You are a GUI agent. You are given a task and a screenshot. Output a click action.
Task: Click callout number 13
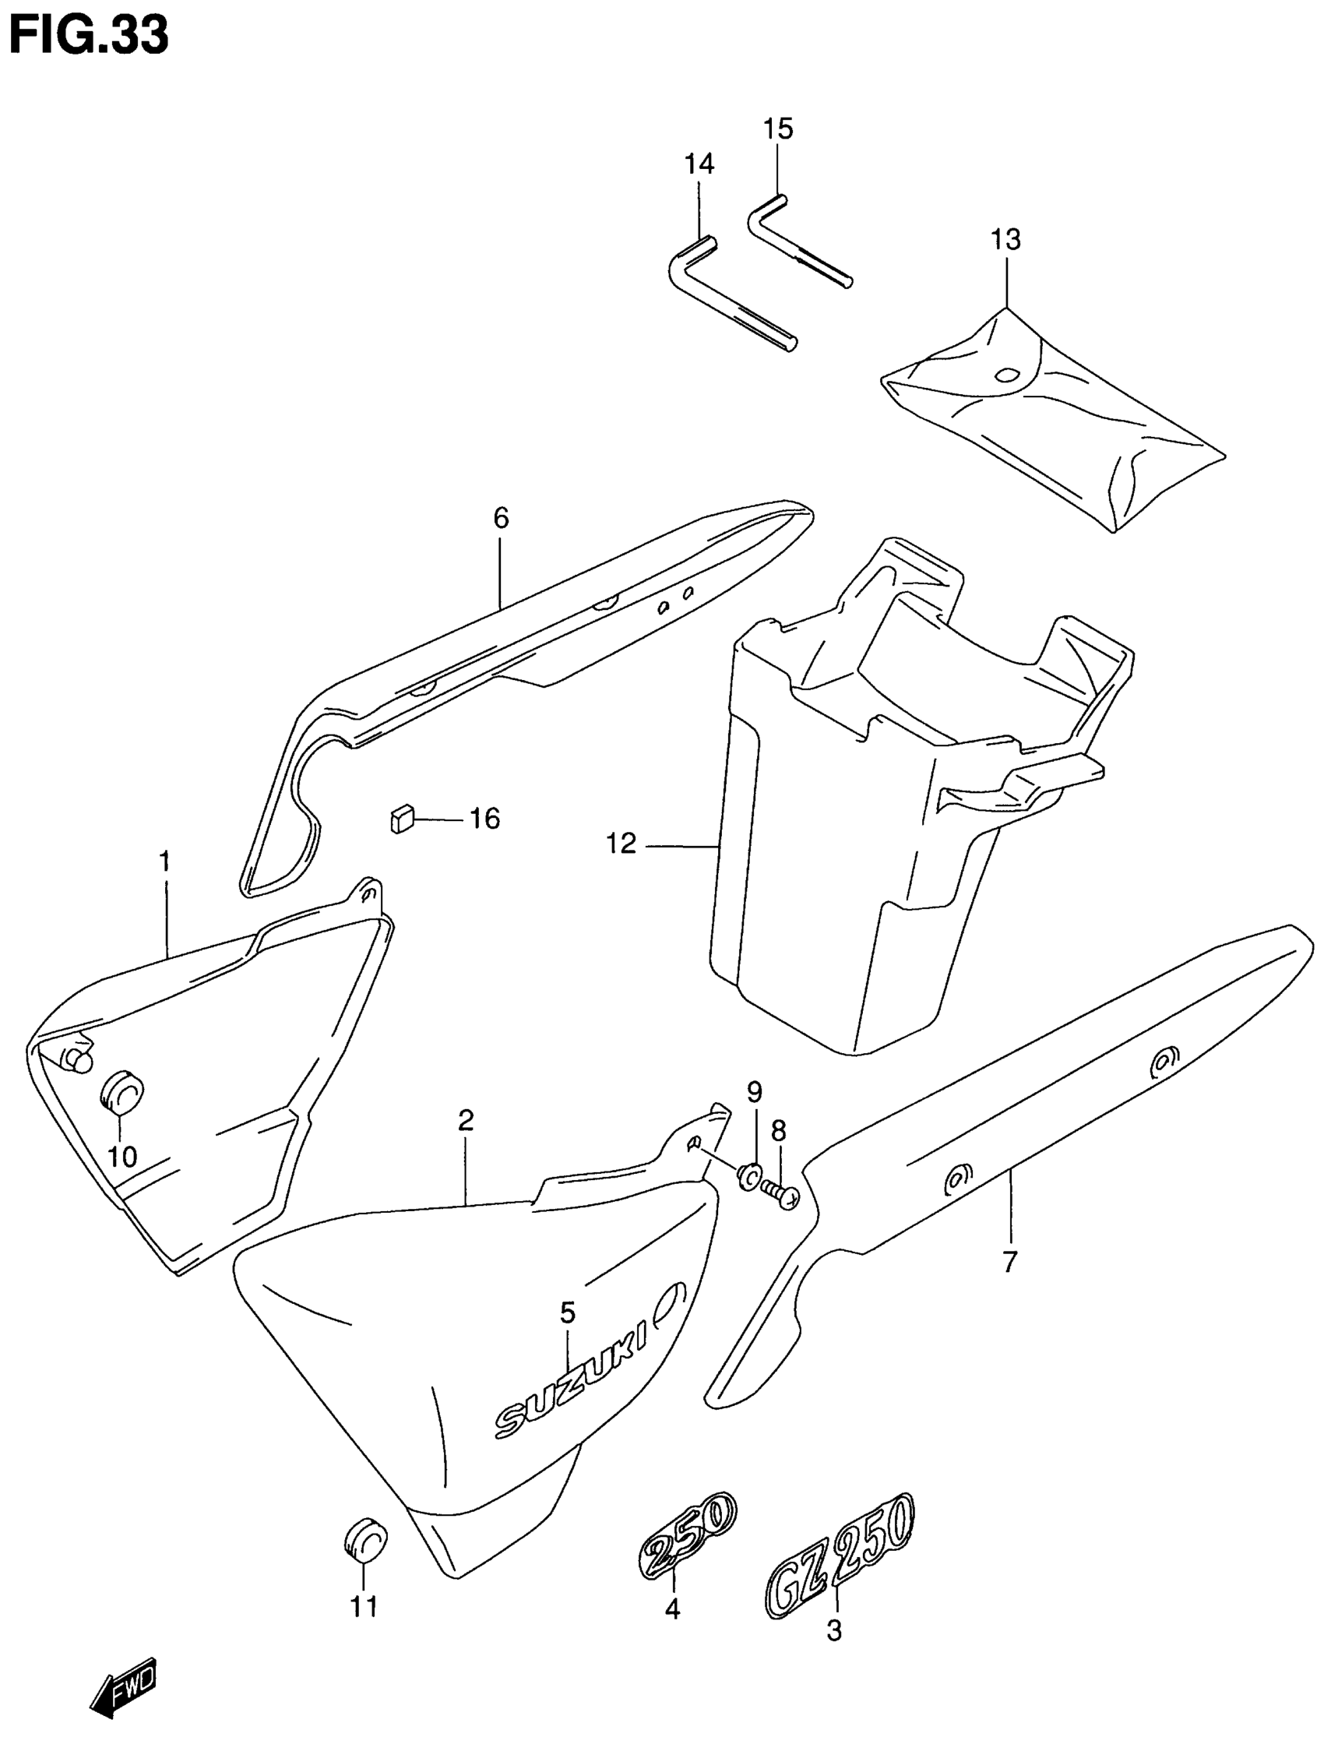[x=1005, y=240]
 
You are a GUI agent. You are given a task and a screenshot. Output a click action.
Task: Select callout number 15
[x=778, y=129]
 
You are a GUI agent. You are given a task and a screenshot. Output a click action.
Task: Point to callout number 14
[x=699, y=164]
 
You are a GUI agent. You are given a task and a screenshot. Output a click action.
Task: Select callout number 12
[x=621, y=844]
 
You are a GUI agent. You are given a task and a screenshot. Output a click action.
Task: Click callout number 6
[x=502, y=518]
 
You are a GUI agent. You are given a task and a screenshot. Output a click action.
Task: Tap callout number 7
[x=1010, y=1262]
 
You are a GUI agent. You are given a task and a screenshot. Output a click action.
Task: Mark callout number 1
[x=164, y=861]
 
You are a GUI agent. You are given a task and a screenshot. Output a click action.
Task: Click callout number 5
[x=568, y=1312]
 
